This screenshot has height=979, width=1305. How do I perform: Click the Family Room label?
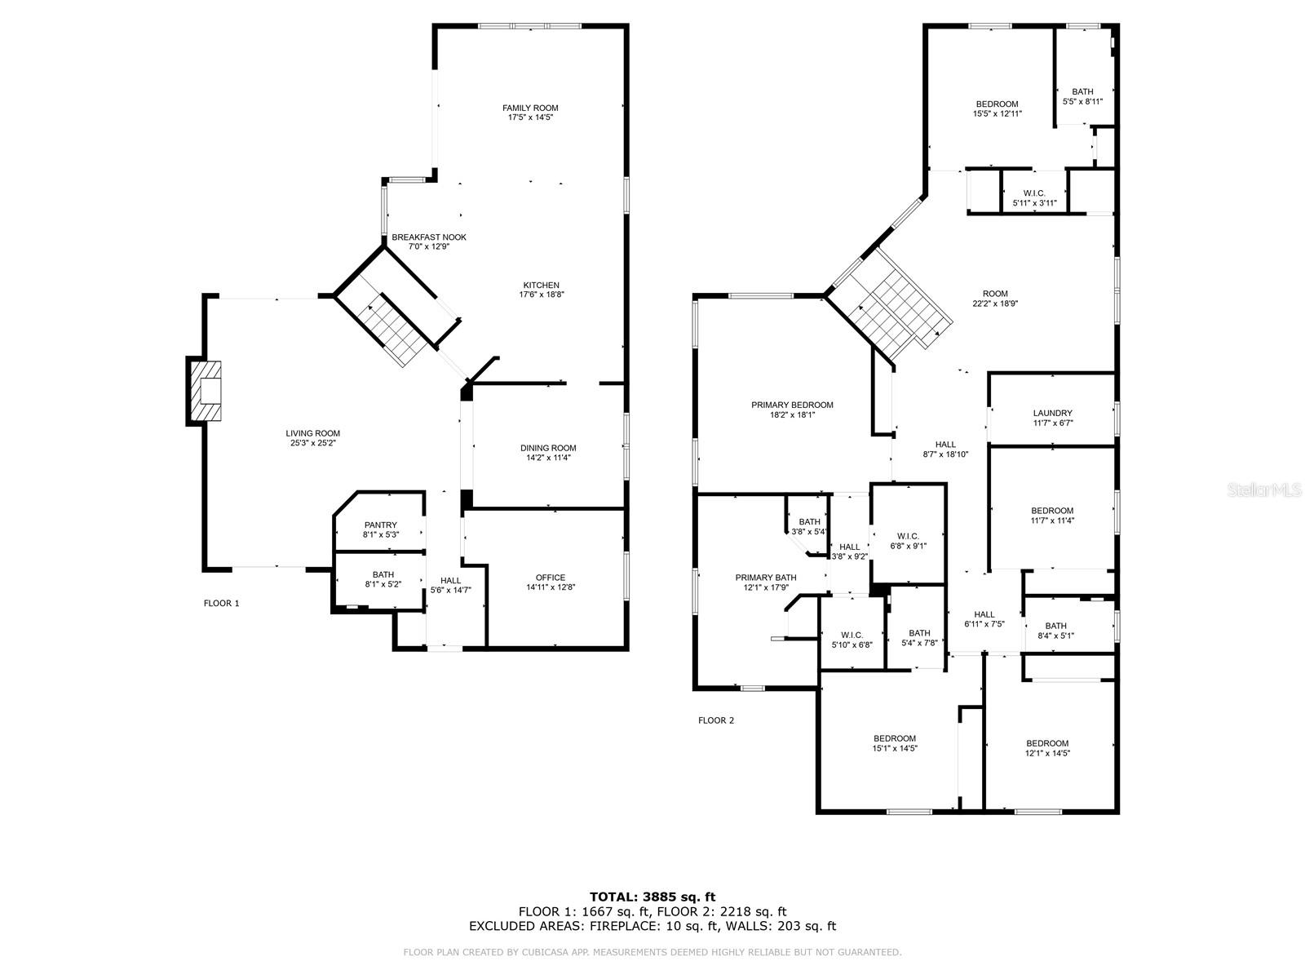click(x=530, y=108)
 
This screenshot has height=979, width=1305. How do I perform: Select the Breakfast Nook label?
click(x=429, y=237)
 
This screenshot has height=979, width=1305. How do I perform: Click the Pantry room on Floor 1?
click(x=380, y=529)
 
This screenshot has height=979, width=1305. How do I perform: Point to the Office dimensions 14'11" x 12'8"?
click(x=551, y=587)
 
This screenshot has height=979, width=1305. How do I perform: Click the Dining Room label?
click(x=548, y=448)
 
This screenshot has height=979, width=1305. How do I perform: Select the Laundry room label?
click(x=1052, y=414)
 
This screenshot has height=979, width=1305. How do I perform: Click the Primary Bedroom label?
click(x=792, y=405)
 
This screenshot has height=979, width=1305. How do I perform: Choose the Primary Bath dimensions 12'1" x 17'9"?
click(x=766, y=587)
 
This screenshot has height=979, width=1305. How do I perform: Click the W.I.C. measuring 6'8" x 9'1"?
click(x=908, y=542)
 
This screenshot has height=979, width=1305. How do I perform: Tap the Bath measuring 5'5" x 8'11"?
click(x=1082, y=96)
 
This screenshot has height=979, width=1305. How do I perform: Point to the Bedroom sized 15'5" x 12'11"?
click(x=997, y=109)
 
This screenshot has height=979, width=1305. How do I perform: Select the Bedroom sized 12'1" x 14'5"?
click(x=1047, y=748)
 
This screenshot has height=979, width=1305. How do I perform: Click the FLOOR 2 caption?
click(x=716, y=720)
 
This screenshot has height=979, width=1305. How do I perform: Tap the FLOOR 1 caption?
click(x=221, y=604)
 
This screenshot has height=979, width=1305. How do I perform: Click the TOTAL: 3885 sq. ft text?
click(x=652, y=897)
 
